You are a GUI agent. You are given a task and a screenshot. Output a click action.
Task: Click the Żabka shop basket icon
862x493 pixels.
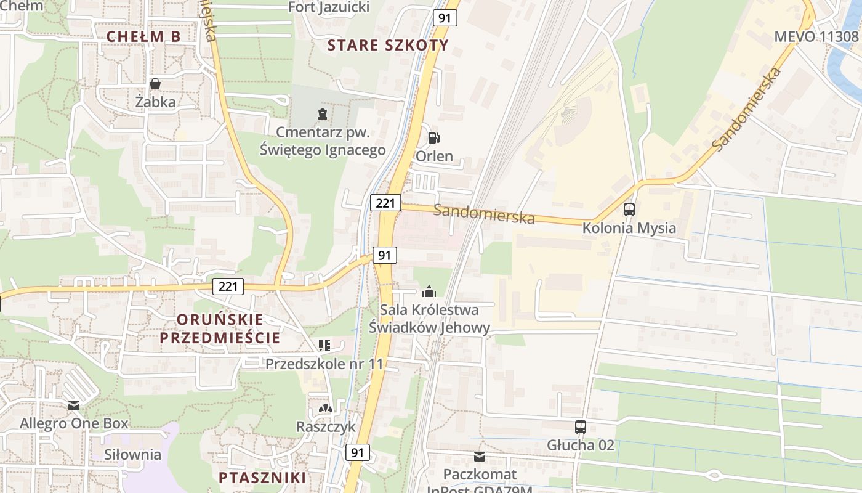(x=155, y=84)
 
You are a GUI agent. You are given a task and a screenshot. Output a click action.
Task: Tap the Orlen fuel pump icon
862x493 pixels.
(x=434, y=138)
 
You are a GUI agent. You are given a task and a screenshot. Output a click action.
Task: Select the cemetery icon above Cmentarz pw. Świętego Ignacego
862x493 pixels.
(x=322, y=113)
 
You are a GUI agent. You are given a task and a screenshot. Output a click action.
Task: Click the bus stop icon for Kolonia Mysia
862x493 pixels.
(x=629, y=210)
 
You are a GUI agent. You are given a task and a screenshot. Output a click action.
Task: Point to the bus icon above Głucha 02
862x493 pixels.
(x=580, y=426)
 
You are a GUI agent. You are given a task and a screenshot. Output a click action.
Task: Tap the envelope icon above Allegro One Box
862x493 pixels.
(x=74, y=405)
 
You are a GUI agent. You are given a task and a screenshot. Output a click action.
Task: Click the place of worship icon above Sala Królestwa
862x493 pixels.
(x=429, y=291)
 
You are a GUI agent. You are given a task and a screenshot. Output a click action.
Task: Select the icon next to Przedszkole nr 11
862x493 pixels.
(x=324, y=346)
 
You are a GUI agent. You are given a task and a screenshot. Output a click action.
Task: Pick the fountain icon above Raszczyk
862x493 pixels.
(x=325, y=409)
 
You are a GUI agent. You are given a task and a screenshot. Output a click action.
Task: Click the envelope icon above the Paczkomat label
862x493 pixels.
(x=479, y=457)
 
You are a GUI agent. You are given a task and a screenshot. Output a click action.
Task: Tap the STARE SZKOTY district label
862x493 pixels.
(x=388, y=45)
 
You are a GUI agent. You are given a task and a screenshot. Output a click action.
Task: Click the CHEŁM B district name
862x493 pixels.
(x=143, y=36)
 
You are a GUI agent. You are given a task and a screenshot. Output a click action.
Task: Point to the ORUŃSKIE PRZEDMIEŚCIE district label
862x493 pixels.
(x=220, y=328)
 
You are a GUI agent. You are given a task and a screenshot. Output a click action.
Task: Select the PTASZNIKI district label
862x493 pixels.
(x=262, y=478)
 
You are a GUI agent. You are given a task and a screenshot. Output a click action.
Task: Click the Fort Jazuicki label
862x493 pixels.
(x=329, y=7)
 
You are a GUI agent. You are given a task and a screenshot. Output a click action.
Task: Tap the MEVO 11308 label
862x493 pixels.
(x=816, y=36)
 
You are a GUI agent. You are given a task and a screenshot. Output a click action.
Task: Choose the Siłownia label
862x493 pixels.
(x=132, y=455)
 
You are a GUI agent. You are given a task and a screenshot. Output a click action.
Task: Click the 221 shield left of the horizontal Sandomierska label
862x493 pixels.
(x=385, y=203)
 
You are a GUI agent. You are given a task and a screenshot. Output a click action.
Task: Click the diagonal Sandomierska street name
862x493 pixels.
(x=747, y=109)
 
